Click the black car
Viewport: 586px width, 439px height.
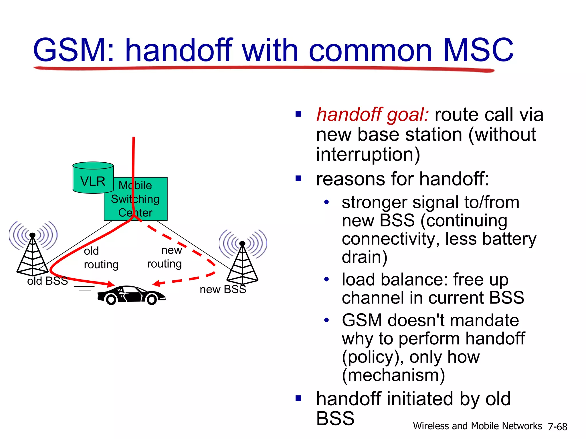pyautogui.click(x=131, y=295)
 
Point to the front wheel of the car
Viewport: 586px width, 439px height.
pyautogui.click(x=151, y=300)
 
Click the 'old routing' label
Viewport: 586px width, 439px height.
pyautogui.click(x=101, y=258)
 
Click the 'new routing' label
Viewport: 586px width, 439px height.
pyautogui.click(x=165, y=257)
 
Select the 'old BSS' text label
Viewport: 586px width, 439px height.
pyautogui.click(x=47, y=281)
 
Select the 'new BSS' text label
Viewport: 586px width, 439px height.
pyautogui.click(x=223, y=290)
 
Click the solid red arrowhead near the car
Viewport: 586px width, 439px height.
pyautogui.click(x=110, y=284)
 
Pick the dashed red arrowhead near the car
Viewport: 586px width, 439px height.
pyautogui.click(x=156, y=284)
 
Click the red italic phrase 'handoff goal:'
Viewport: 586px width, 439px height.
pyautogui.click(x=372, y=115)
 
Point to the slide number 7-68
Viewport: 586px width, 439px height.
pyautogui.click(x=557, y=427)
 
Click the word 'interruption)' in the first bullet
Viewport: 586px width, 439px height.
pyautogui.click(x=368, y=155)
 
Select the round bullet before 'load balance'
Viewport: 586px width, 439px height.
pyautogui.click(x=326, y=279)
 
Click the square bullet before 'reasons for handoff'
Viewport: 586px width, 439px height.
pyautogui.click(x=299, y=179)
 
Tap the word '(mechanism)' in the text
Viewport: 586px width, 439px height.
pyautogui.click(x=393, y=375)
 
